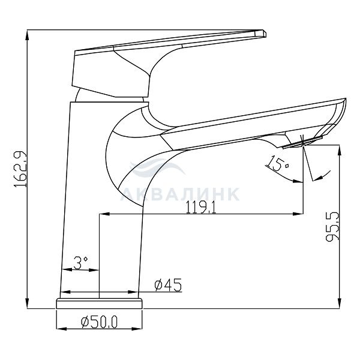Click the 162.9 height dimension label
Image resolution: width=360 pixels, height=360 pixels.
click(20, 169)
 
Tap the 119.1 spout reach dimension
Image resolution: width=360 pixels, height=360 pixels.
click(201, 207)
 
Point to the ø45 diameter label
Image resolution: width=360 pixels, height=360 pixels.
click(168, 284)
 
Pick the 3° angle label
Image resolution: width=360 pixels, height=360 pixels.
click(80, 262)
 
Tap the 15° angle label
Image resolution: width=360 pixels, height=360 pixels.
click(277, 163)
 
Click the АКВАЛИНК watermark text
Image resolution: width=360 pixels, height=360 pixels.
click(180, 194)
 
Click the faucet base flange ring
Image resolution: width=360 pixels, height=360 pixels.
click(99, 304)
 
